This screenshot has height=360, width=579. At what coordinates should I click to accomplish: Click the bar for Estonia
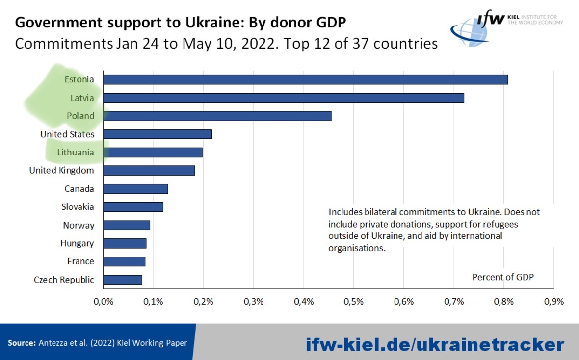[x=305, y=79]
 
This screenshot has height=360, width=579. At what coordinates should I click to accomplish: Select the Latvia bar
[x=283, y=98]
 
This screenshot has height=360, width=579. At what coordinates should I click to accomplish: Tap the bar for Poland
[x=217, y=116]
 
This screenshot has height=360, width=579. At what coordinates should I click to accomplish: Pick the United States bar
[x=157, y=134]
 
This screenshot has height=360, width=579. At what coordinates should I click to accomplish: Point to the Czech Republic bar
[x=122, y=280]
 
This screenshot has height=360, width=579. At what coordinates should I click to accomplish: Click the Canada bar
[x=135, y=189]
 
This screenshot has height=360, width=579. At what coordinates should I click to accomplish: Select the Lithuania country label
[x=76, y=153]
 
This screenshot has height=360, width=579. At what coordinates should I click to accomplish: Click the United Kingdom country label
[x=62, y=171]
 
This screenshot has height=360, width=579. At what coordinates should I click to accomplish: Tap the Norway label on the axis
[x=79, y=226]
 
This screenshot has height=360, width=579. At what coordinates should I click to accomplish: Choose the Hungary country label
[x=77, y=243]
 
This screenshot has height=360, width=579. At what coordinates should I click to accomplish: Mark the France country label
[x=80, y=261]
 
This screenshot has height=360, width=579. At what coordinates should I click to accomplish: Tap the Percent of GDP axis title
[x=503, y=277]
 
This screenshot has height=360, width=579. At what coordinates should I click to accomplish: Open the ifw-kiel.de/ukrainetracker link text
[x=435, y=344]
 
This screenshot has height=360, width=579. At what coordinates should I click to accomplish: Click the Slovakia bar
[x=133, y=207]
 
